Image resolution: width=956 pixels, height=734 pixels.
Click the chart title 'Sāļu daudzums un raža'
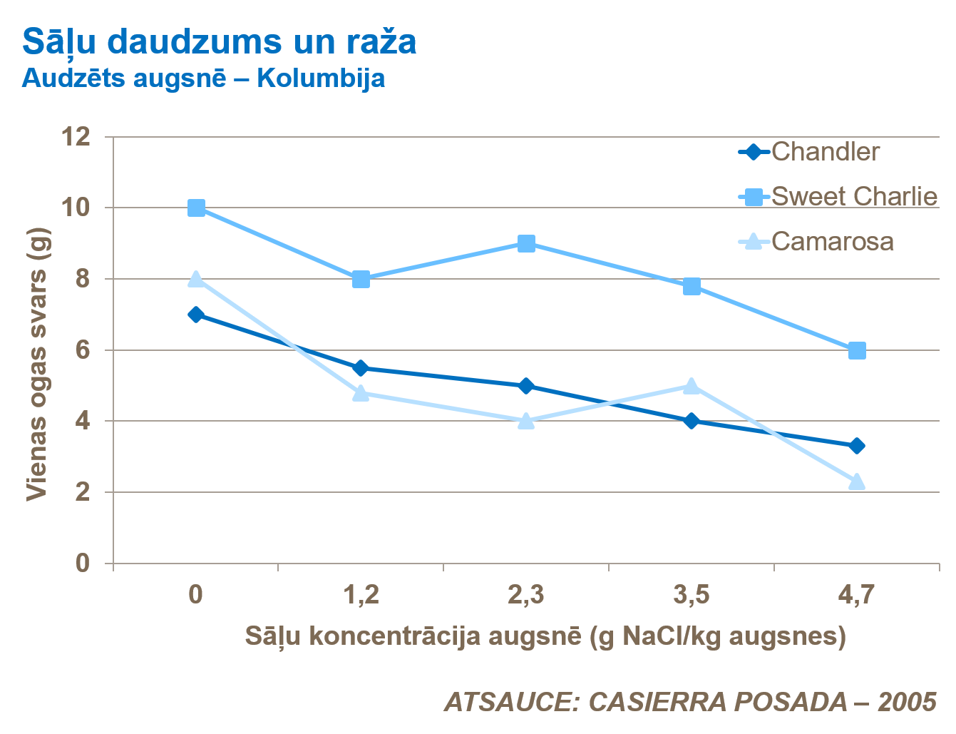219,42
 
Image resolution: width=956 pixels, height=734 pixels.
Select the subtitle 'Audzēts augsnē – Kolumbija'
203,78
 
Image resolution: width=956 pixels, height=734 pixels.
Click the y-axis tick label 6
83,350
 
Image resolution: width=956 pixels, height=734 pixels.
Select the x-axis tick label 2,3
526,594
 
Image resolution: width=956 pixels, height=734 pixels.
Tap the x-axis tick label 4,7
856,594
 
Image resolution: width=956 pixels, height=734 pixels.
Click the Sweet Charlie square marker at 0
196,208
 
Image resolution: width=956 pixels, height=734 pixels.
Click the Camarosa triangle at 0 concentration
196,278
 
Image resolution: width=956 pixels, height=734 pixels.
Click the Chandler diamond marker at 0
196,315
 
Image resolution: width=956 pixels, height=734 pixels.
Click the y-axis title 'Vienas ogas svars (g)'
36,364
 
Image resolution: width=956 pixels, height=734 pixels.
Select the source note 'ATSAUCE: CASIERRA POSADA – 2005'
690,702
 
